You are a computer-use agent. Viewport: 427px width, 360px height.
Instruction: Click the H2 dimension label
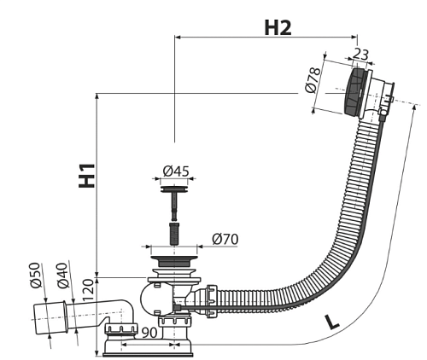click(x=278, y=28)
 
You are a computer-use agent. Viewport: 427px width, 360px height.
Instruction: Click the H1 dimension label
click(x=87, y=176)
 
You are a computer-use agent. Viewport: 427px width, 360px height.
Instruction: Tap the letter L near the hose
click(x=332, y=323)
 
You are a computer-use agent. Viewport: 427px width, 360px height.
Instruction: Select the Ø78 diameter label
click(x=313, y=80)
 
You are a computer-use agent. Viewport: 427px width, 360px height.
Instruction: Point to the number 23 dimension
click(x=360, y=55)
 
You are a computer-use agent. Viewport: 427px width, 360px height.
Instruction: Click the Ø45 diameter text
click(x=176, y=171)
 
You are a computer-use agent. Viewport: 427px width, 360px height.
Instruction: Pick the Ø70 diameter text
click(x=225, y=240)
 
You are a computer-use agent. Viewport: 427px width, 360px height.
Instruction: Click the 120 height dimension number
click(x=88, y=290)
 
